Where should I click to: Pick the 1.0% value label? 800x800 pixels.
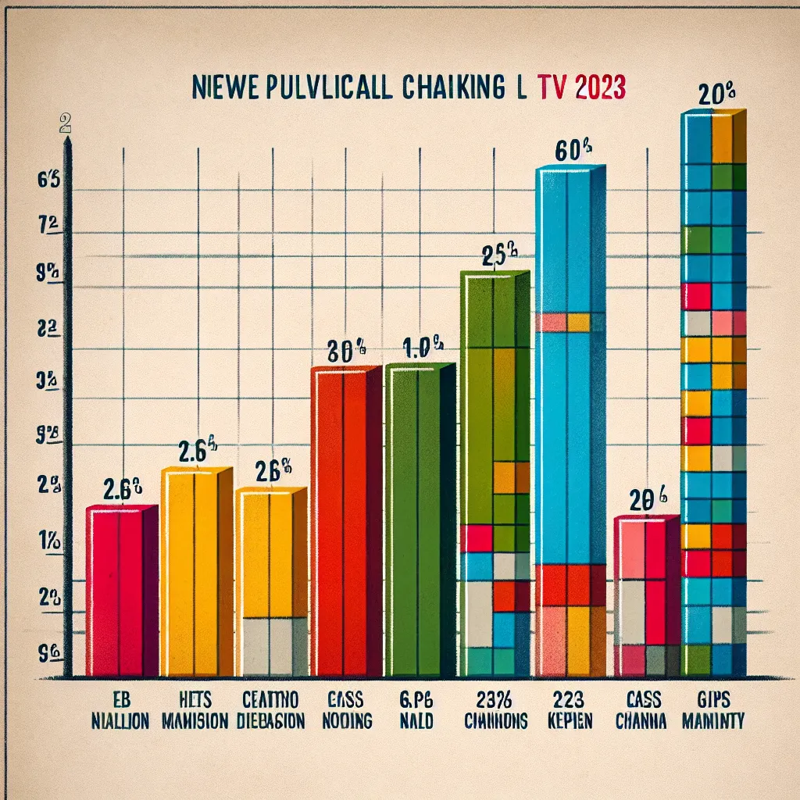[423, 346]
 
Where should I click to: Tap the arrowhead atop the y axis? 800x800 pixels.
[68, 141]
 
